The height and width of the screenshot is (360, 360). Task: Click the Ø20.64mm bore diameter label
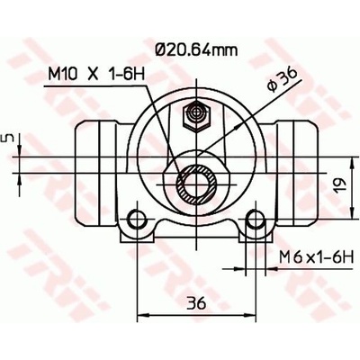197,49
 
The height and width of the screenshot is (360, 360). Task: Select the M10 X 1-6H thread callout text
96,74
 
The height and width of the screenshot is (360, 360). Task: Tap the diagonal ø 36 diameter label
282,79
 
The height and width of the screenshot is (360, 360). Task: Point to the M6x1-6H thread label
316,257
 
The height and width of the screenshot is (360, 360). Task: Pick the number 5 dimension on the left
10,138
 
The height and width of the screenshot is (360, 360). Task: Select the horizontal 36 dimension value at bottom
196,303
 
